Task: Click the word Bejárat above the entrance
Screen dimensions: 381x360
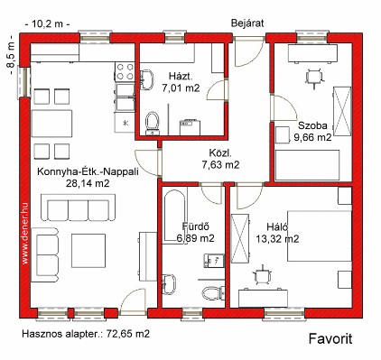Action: [247, 23]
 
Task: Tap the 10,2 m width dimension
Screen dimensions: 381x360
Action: [47, 23]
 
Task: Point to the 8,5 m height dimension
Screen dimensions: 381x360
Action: [11, 55]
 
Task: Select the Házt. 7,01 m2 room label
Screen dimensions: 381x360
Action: [181, 82]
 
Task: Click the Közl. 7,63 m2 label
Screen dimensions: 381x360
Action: [220, 159]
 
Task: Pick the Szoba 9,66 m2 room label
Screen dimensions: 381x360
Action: [312, 131]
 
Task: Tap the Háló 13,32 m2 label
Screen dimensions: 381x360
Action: [277, 233]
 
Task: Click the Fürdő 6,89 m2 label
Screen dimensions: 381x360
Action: [195, 232]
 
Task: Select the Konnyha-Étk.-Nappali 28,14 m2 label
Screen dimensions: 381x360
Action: [88, 178]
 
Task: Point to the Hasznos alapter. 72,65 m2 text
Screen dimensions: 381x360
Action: [86, 334]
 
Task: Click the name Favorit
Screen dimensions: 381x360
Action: [330, 339]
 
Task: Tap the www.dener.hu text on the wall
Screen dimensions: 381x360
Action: [25, 229]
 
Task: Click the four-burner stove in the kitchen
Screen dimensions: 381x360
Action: [125, 71]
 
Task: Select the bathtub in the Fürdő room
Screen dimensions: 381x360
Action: [174, 215]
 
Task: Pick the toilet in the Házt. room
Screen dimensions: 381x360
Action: [152, 124]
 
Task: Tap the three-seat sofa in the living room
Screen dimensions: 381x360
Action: [78, 208]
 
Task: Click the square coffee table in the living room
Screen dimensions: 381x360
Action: [88, 251]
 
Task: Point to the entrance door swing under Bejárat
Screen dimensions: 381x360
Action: [249, 52]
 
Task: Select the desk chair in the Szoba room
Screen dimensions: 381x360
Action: [314, 78]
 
